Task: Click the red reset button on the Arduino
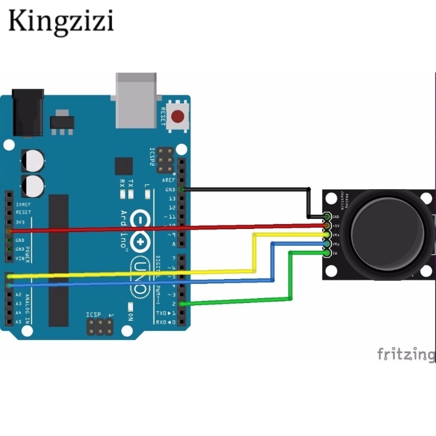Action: click(178, 116)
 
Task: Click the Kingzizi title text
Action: click(60, 22)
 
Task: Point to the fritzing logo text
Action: click(406, 355)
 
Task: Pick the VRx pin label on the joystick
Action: click(336, 235)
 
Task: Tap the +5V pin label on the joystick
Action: click(336, 226)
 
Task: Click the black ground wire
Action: click(245, 190)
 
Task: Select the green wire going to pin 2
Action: click(240, 300)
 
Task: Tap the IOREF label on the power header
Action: click(23, 203)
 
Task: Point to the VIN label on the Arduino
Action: click(20, 258)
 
